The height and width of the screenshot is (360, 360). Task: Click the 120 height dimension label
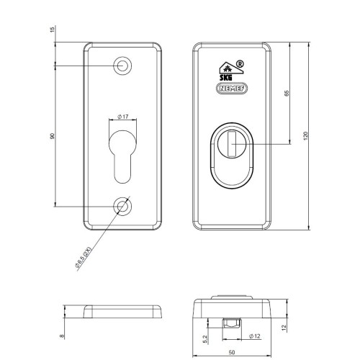305,136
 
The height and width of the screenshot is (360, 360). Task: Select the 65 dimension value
287,94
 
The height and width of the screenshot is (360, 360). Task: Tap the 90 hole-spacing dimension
53,136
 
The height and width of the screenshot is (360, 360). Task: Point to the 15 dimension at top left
53,30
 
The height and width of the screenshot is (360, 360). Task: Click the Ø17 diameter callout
123,117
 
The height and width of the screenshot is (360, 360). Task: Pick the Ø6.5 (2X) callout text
83,257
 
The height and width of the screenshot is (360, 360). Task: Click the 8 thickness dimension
63,336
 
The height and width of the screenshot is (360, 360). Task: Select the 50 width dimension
232,352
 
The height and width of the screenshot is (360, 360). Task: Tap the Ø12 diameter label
255,336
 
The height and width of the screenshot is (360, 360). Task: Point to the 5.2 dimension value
205,339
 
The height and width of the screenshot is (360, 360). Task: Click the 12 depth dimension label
284,328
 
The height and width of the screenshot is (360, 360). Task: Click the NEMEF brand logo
232,89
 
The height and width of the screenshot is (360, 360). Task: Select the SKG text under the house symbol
226,78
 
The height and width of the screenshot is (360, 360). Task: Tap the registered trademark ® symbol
240,64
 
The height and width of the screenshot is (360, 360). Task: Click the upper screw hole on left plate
122,66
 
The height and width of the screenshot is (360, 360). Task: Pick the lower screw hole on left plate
122,207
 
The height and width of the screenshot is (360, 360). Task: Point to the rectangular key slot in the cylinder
232,144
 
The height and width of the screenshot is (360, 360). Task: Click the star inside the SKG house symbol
227,69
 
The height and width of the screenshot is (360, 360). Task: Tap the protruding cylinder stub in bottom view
232,323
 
